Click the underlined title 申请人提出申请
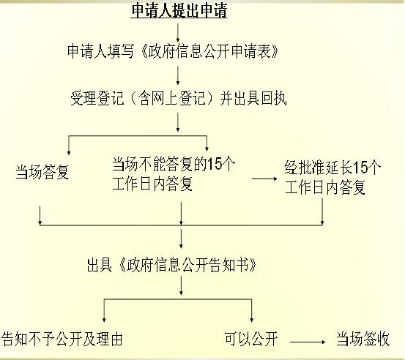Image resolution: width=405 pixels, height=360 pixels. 179,11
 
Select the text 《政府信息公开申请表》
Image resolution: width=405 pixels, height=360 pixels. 209,51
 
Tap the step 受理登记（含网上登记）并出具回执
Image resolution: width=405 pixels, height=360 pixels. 178,98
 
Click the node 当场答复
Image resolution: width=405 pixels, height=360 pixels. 42,172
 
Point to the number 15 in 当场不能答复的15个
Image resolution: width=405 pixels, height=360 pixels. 215,164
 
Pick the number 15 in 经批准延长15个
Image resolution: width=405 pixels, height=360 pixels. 360,168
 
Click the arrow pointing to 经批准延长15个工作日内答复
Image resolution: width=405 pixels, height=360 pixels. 264,179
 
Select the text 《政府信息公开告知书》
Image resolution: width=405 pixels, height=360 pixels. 187,265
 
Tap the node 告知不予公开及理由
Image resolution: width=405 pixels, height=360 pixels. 62,339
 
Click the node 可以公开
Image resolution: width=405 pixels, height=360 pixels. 251,339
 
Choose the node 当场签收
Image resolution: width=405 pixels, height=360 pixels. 363,339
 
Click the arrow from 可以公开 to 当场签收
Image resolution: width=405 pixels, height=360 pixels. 308,342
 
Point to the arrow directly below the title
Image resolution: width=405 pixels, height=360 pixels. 178,33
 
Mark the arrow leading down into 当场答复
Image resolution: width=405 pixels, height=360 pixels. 69,145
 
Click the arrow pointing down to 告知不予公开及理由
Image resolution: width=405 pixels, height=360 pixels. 104,310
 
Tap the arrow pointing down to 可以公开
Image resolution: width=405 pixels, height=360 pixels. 252,310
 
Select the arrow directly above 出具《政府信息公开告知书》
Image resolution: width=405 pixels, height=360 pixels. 181,239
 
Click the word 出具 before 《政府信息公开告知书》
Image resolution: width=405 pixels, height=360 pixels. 100,265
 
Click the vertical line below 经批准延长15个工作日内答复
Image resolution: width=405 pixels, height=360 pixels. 322,211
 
